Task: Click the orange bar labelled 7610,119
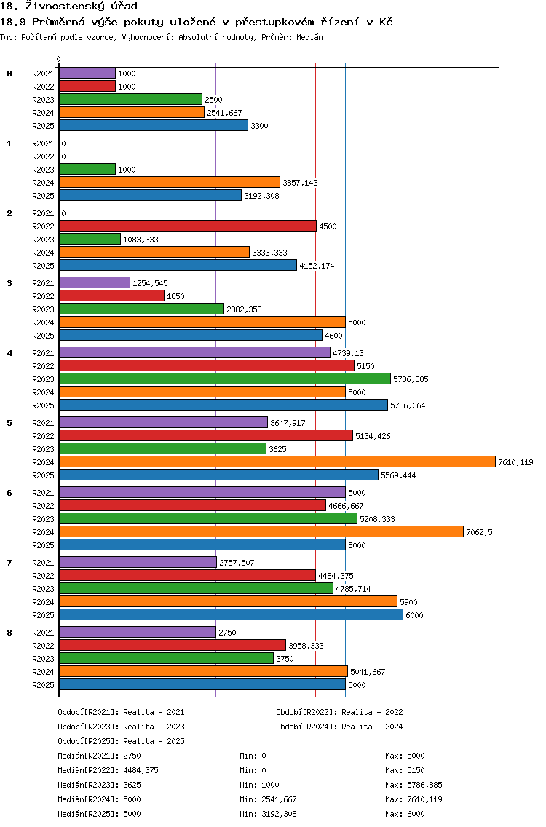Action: (x=277, y=462)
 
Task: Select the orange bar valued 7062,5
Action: (x=261, y=531)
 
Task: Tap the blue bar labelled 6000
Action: (x=231, y=615)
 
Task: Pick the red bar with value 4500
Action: (x=188, y=226)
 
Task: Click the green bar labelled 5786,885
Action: (x=225, y=379)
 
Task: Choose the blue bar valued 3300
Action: (x=154, y=125)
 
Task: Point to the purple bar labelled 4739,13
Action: (x=194, y=353)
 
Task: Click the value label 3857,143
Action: (x=300, y=183)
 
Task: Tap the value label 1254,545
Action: (x=151, y=283)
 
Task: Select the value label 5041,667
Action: (x=368, y=672)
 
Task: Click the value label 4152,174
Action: (x=317, y=266)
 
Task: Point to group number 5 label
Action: (x=9, y=423)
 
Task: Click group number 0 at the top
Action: (x=9, y=74)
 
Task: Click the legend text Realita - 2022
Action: (x=372, y=712)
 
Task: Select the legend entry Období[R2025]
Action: (x=88, y=741)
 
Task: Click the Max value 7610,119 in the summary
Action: (x=424, y=799)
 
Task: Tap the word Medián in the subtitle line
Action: (x=309, y=37)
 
